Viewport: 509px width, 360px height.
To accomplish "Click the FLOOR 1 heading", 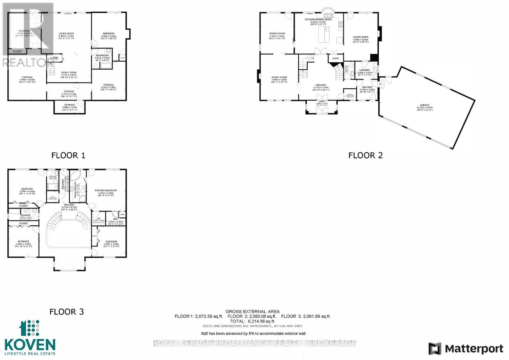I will point(68,155).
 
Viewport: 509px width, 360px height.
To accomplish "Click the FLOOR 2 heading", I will point(365,155).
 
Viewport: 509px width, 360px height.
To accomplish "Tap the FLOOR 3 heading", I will point(66,312).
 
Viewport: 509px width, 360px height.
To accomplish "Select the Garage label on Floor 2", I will point(424,105).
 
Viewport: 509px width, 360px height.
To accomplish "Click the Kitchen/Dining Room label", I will point(318,19).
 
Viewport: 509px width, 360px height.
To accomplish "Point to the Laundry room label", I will point(365,70).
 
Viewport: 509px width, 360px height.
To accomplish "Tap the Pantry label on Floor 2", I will point(336,59).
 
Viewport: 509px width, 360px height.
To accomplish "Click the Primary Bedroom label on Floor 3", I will point(106,190).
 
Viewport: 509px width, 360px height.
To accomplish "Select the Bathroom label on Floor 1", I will point(102,56).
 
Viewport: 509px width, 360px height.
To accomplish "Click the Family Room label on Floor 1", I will point(69,73).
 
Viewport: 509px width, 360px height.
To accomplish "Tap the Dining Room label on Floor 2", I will point(277,33).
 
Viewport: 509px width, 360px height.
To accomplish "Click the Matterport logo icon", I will point(435,349).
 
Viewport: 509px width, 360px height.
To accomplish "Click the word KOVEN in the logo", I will point(30,345).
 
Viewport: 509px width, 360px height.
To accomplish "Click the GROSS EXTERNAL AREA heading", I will point(252,312).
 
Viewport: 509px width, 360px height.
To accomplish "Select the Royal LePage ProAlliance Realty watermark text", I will point(254,343).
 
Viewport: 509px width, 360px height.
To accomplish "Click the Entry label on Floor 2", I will point(322,101).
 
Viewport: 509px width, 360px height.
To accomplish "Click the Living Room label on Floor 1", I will point(66,33).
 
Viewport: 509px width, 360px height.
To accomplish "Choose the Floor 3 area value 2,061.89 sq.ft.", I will point(317,316).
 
